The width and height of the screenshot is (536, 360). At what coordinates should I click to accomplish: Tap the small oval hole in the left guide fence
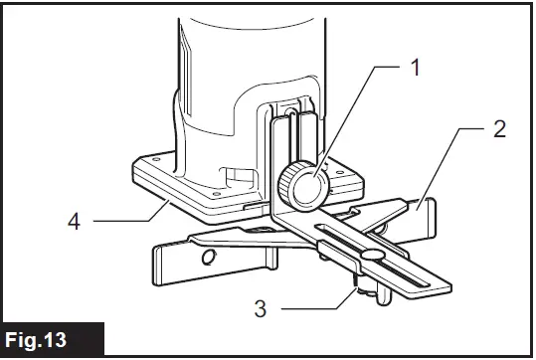pos(208,258)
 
